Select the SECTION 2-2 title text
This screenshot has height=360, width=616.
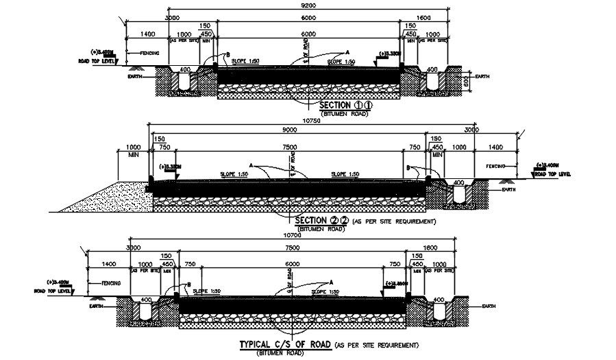[321, 221]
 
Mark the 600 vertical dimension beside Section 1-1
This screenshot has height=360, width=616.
[465, 82]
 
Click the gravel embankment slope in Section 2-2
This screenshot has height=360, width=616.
[109, 196]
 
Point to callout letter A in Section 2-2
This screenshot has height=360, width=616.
[252, 165]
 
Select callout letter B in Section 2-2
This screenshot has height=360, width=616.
[408, 167]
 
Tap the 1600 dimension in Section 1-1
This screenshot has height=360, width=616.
[424, 17]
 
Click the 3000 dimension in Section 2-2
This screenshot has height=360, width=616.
[471, 129]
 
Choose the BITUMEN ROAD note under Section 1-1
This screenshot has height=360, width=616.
[343, 114]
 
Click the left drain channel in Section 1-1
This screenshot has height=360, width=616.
[184, 81]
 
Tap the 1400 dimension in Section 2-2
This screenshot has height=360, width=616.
[496, 147]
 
